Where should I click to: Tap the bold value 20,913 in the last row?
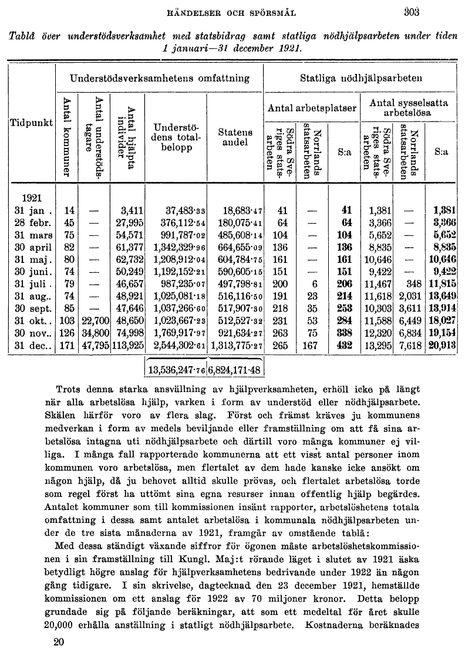click(x=442, y=346)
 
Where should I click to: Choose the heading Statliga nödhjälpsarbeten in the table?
click(x=361, y=77)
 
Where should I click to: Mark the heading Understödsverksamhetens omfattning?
click(x=159, y=77)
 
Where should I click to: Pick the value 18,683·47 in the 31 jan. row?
click(x=242, y=210)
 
